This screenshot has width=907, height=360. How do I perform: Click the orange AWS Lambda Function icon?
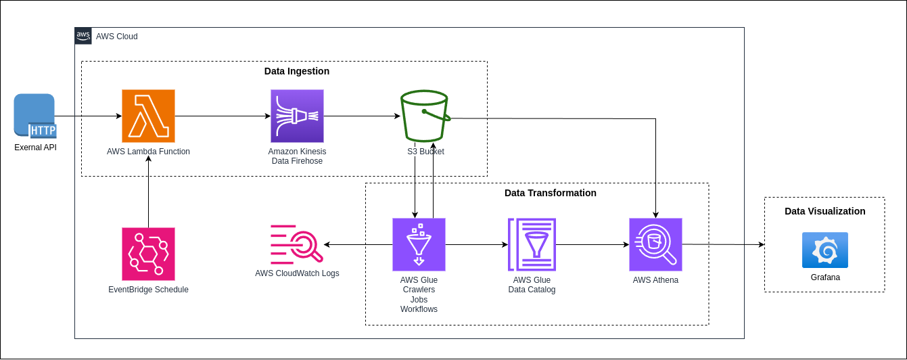(x=148, y=116)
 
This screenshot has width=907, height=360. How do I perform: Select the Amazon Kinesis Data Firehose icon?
(x=297, y=116)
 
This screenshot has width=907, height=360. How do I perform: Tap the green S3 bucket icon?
(x=425, y=116)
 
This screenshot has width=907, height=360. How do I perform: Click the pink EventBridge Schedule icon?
(x=148, y=254)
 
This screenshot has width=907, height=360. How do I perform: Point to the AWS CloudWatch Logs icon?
(x=297, y=244)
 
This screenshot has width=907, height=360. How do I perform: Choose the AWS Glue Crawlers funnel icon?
(x=419, y=244)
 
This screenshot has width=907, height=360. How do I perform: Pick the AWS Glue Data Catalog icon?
(x=532, y=244)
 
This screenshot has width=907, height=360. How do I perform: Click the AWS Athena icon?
(x=655, y=244)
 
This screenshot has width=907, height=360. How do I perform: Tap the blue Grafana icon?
(x=824, y=250)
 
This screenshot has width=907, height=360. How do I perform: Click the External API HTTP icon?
(x=34, y=116)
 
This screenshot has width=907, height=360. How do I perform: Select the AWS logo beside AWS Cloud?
(x=83, y=36)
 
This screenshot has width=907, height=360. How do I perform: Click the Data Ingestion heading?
(x=297, y=71)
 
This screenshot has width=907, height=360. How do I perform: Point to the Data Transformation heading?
(x=551, y=193)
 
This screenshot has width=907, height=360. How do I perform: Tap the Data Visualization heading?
(x=824, y=211)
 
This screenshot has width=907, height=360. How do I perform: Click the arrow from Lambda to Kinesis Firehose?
(x=223, y=116)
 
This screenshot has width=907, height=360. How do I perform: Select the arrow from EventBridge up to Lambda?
(x=148, y=192)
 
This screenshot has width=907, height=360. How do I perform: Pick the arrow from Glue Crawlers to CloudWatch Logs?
(x=358, y=244)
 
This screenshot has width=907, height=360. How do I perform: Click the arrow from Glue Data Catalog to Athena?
(x=592, y=244)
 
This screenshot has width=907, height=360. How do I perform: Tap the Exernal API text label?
(x=35, y=148)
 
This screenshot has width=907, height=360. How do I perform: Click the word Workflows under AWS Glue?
(x=419, y=309)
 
